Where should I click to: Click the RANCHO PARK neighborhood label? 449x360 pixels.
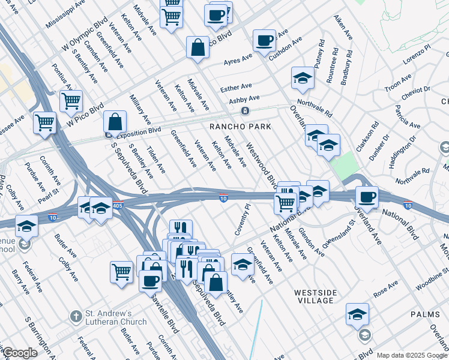(240, 127)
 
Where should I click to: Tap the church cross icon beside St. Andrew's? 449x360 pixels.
(76, 316)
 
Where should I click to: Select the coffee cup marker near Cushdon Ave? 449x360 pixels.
(264, 41)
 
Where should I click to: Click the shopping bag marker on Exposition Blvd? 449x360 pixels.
(115, 122)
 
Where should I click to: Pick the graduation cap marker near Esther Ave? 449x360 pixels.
(303, 78)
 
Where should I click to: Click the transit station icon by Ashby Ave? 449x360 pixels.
(245, 111)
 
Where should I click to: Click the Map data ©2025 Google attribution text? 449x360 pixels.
(411, 355)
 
